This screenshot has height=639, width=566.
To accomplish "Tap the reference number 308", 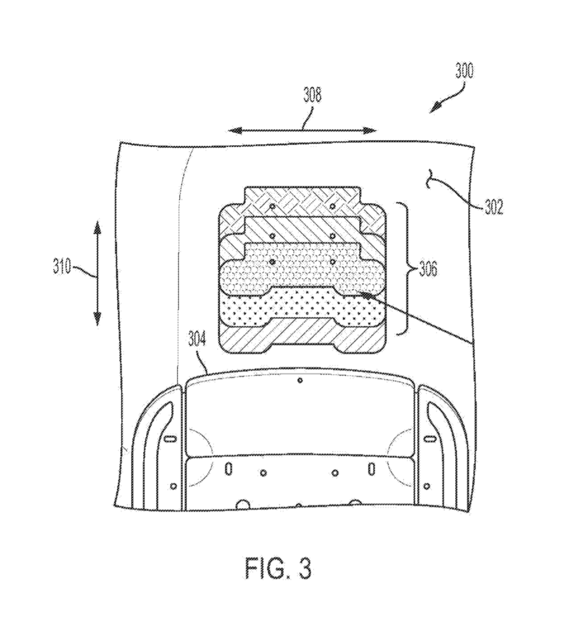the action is pyautogui.click(x=312, y=95).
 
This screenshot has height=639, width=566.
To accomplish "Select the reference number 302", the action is pyautogui.click(x=494, y=207).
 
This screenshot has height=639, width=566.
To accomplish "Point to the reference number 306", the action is pyautogui.click(x=428, y=270).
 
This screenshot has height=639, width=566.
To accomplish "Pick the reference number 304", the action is pyautogui.click(x=198, y=339).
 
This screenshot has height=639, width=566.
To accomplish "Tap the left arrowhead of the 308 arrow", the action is pyautogui.click(x=235, y=130).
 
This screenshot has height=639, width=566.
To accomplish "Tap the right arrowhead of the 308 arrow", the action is pyautogui.click(x=370, y=130).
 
